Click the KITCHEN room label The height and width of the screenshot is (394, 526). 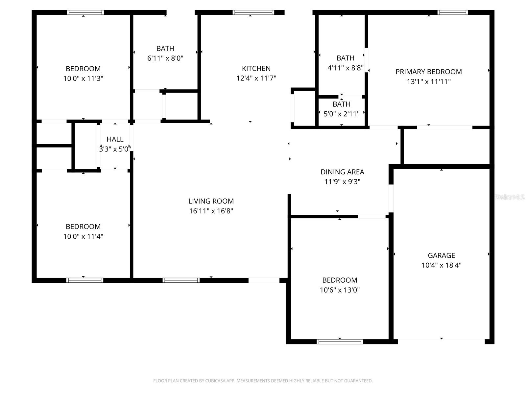256,68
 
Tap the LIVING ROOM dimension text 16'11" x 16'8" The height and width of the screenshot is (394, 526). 211,211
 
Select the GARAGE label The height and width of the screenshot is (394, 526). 441,255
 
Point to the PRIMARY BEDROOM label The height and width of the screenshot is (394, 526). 428,72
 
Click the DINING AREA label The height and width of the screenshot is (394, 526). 342,172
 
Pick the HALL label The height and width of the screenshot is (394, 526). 115,139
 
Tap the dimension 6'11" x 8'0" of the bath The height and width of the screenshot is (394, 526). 165,58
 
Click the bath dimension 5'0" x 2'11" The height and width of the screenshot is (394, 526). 341,114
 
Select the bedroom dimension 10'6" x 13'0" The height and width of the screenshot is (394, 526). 340,290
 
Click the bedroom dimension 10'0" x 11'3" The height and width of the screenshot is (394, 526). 83,78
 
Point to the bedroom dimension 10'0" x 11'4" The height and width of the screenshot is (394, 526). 83,236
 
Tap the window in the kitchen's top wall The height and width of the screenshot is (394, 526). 253,12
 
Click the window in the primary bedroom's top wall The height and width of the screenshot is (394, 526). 452,12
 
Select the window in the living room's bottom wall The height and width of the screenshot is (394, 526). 181,280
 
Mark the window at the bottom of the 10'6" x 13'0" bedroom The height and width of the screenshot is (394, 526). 340,341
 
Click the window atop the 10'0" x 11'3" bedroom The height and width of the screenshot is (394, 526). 85,12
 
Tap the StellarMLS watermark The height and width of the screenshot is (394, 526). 510,197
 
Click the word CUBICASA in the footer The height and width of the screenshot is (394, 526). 215,381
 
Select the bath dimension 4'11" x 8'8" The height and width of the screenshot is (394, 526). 345,68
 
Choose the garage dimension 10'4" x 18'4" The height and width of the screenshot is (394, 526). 441,265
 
